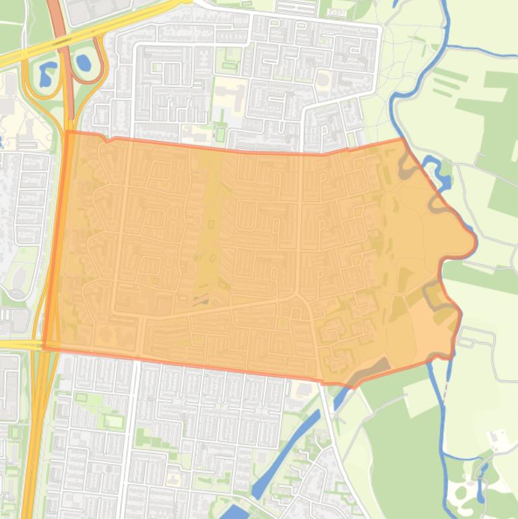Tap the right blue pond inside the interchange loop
[x=84, y=63]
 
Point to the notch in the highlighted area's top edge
[x=110, y=140]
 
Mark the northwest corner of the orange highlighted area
[x=67, y=132]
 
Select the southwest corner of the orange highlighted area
[x=44, y=348]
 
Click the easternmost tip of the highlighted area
[x=476, y=240]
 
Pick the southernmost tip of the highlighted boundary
[x=350, y=387]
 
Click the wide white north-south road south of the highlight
[x=133, y=438]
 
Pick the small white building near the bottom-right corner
[x=499, y=439]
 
